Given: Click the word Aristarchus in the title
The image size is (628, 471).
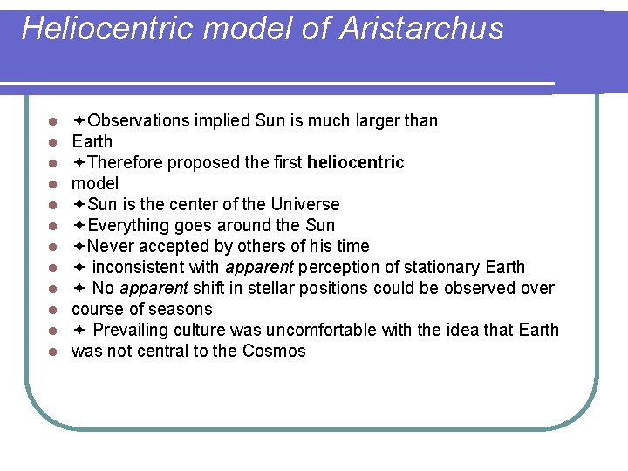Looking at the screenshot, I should [x=421, y=29].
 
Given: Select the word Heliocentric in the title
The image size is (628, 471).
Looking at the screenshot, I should [x=110, y=29].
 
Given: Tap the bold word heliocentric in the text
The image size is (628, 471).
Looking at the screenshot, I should [x=356, y=162].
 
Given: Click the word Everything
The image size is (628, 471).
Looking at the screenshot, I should [x=127, y=225].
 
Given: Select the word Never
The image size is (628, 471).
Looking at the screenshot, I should [x=110, y=246].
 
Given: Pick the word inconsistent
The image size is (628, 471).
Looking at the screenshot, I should [x=135, y=267].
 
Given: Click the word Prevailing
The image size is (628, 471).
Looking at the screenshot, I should [x=132, y=330].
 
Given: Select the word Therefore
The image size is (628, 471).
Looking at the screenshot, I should [x=126, y=162].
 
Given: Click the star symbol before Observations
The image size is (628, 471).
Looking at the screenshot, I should [x=78, y=120].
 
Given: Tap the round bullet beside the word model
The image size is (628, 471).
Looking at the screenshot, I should [x=53, y=184].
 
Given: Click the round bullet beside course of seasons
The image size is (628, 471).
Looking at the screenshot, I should [x=53, y=310].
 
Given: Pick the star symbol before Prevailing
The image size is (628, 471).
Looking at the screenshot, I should [x=78, y=330].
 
